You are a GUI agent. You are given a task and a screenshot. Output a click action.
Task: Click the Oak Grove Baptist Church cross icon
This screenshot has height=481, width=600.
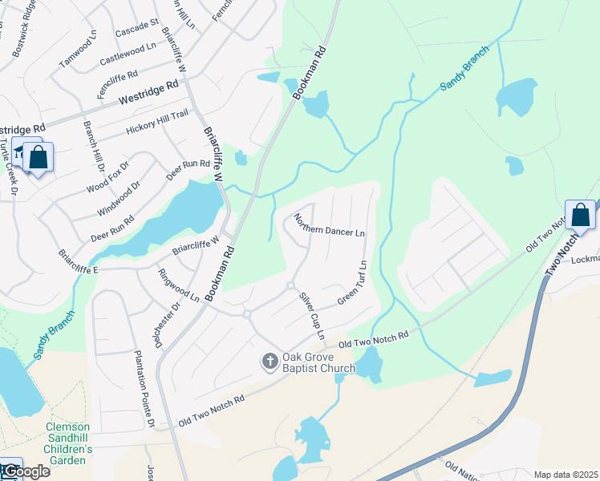(270, 362)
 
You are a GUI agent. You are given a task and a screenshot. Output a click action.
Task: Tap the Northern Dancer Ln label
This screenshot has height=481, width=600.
(329, 225)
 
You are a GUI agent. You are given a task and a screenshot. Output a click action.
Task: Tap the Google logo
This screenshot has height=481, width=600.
(26, 471)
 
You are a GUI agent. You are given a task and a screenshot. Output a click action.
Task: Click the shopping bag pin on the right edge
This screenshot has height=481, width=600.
(580, 214)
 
